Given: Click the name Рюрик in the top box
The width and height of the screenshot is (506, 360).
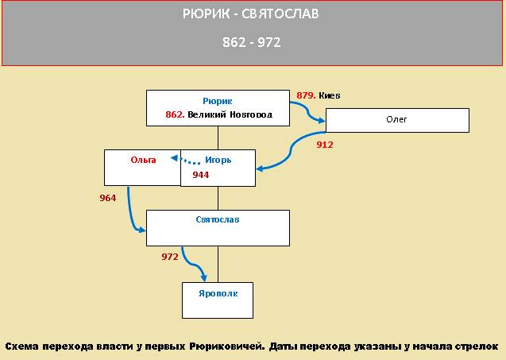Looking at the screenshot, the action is point(217,102).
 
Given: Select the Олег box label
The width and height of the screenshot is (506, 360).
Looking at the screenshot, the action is point(396,119).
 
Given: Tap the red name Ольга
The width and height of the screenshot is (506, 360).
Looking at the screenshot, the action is point(143,160).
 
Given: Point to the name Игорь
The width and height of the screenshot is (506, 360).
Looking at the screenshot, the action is point(218,160).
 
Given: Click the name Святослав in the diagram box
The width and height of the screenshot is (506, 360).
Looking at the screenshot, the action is point(218,219).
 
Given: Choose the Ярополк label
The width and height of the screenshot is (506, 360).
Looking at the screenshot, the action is point(218,293).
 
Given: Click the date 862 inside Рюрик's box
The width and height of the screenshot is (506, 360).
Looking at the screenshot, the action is point(175,114).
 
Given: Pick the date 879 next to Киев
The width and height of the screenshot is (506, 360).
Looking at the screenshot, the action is point(306,95).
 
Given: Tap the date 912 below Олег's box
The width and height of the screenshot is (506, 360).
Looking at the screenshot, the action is point(325,145).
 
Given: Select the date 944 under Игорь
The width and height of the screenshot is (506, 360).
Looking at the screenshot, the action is point(201,175).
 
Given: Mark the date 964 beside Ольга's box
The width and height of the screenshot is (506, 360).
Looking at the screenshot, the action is point(108,198).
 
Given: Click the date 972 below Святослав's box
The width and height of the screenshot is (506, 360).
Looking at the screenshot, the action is point(170,257).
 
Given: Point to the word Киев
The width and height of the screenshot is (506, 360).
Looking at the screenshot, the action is point(330,95).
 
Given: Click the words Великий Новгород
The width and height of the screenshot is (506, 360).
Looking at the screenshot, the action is point(230,114).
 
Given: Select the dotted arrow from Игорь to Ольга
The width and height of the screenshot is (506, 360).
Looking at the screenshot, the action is point(186,160).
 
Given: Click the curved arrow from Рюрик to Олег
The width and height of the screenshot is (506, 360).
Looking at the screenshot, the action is point(307,111).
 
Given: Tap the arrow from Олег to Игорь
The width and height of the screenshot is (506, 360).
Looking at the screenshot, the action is point(291,151).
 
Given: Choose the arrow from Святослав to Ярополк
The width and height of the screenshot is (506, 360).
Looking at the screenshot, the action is point(192,264).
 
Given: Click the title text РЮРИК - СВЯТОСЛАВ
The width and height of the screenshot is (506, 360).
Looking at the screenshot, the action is point(251,14).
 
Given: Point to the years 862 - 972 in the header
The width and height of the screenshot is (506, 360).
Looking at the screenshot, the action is point(251,42).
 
